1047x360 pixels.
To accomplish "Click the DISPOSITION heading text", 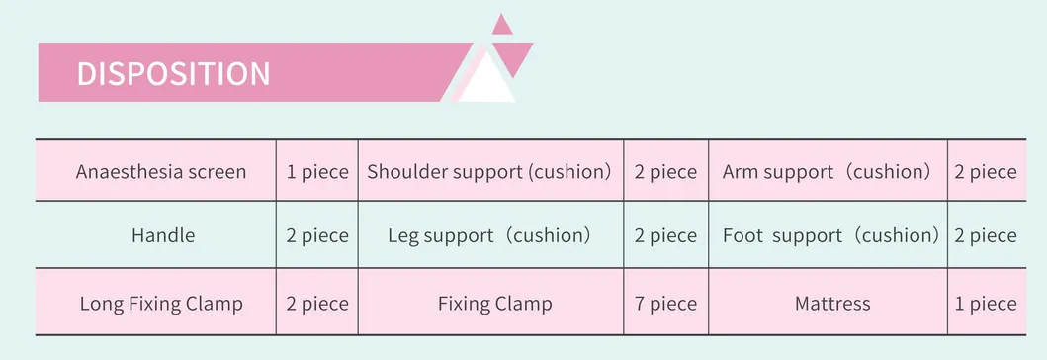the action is (x=173, y=74).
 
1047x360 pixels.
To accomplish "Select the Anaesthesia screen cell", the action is (x=161, y=171).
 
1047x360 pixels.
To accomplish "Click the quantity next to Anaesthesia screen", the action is (x=317, y=171).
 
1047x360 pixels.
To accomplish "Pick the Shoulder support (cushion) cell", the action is (x=489, y=171).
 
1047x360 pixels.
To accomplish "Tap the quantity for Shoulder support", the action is (x=665, y=171).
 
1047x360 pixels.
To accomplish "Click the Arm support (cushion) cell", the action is (x=828, y=171).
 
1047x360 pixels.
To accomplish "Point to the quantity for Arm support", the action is (x=985, y=171).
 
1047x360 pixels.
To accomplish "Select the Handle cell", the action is (x=163, y=235).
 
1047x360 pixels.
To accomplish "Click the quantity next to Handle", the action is (x=317, y=235).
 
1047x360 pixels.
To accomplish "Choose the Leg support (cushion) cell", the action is (x=489, y=235).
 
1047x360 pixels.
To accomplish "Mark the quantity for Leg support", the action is (x=665, y=235).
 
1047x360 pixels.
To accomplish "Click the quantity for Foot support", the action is (x=985, y=235).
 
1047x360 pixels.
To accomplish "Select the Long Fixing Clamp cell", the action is (x=161, y=303).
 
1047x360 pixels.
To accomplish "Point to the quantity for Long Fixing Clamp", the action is (x=317, y=303).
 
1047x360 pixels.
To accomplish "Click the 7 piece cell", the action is (x=665, y=303).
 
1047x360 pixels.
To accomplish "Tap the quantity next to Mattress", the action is (x=985, y=303).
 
